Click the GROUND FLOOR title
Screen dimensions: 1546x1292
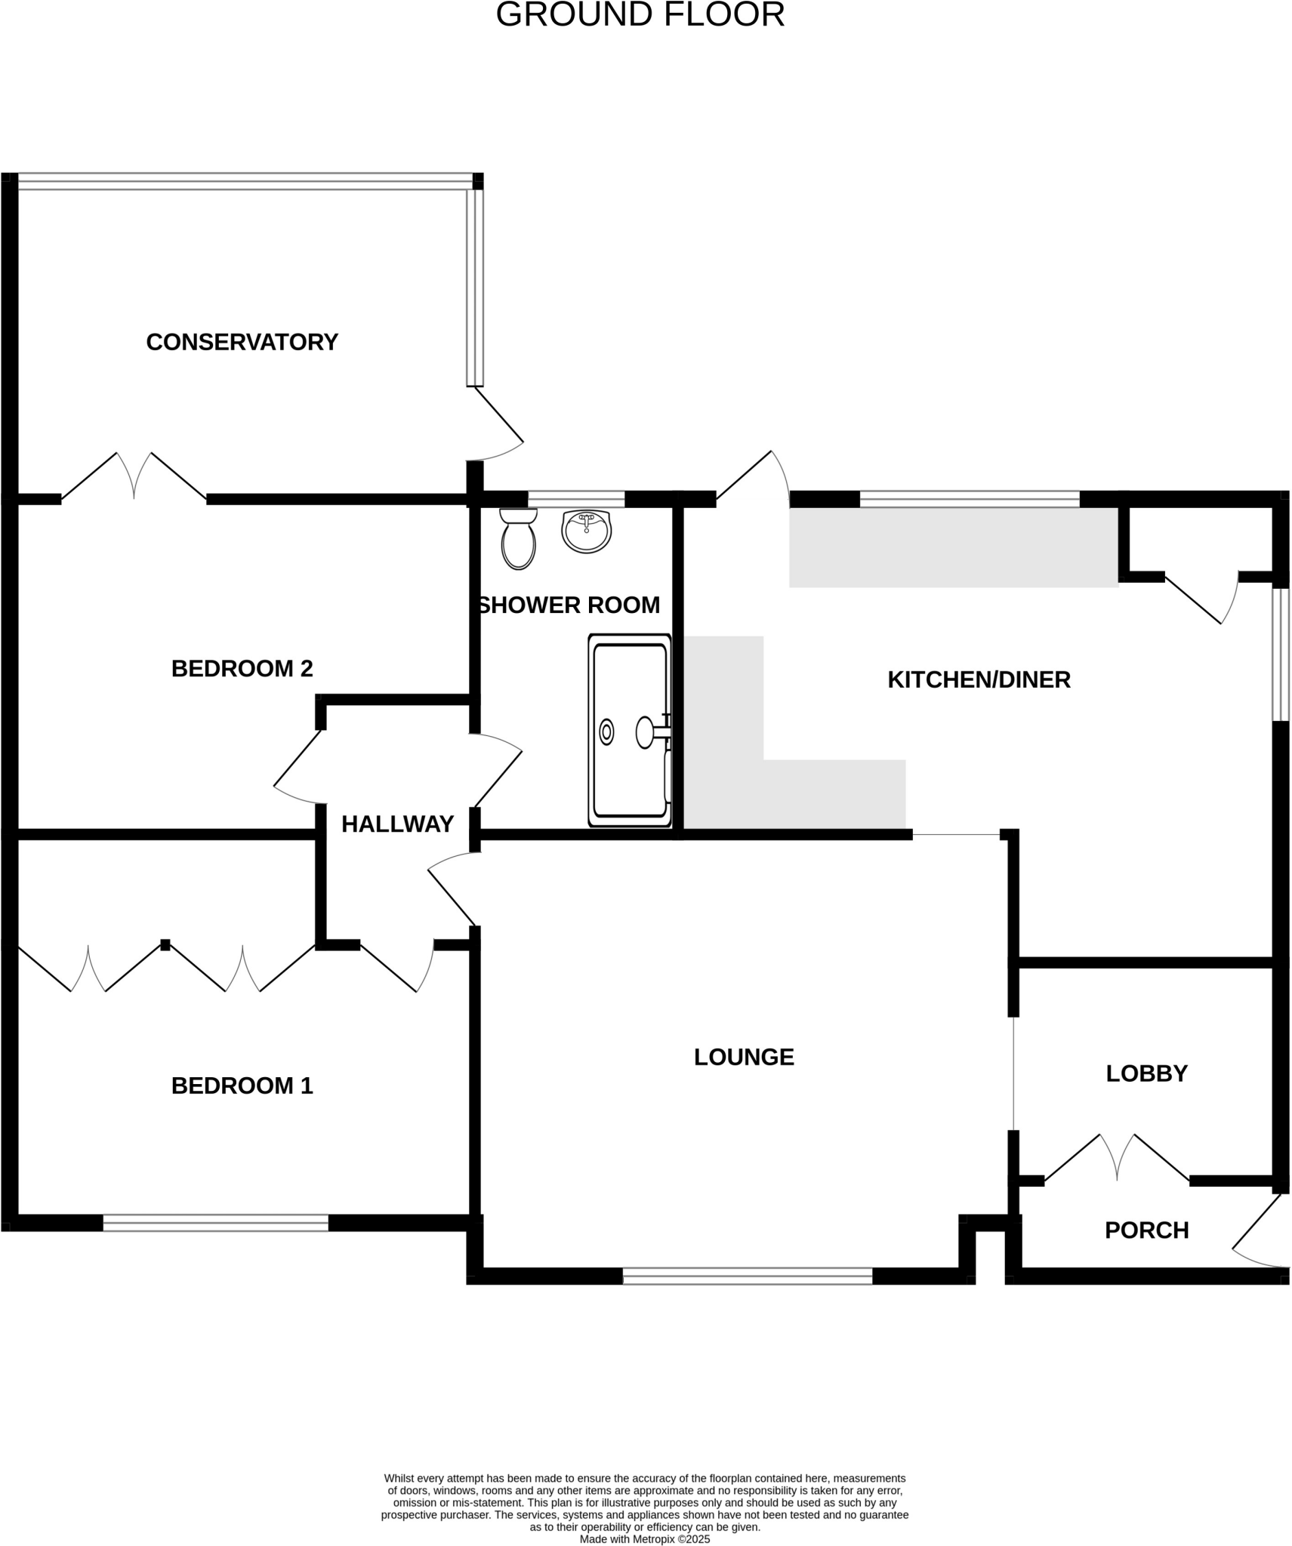640,15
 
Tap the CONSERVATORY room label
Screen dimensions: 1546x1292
242,342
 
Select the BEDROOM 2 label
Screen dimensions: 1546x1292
242,668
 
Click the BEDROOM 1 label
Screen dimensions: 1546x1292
242,1086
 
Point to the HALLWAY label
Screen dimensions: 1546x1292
397,824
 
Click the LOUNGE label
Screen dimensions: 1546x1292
744,1057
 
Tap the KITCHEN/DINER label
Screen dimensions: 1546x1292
979,679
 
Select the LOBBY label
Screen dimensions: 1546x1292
1146,1073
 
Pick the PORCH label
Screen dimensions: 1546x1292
1146,1230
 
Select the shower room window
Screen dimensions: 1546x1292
576,499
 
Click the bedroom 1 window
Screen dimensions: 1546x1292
215,1222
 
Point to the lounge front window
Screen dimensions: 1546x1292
747,1276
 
